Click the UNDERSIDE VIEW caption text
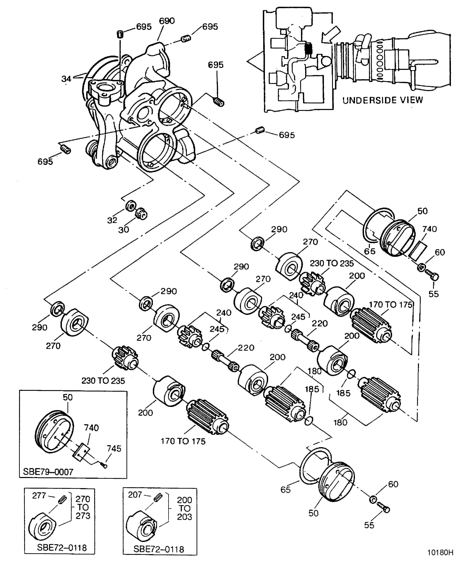pos(382,100)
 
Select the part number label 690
pos(167,21)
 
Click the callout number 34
pos(66,79)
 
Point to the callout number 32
pos(112,220)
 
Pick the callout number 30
pos(124,230)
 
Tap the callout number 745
pos(114,449)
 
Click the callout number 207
pos(135,495)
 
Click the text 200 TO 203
pos(184,508)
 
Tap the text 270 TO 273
pos(83,507)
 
